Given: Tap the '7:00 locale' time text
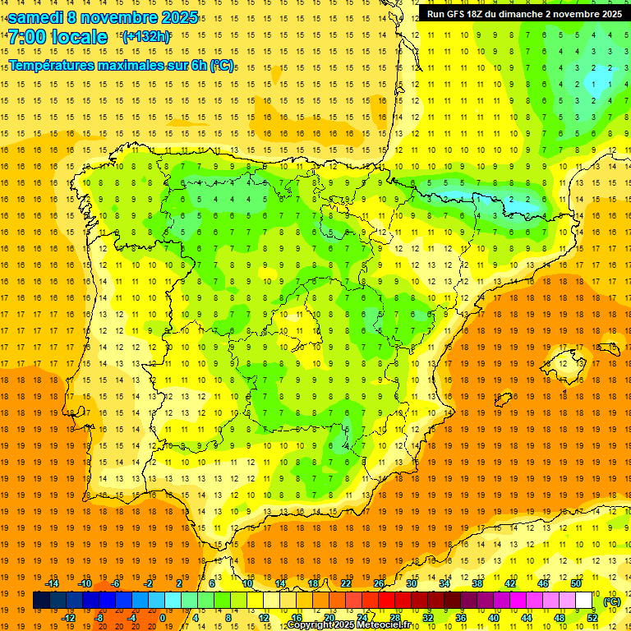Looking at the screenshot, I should [58, 37].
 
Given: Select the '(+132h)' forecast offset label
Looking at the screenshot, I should [145, 36].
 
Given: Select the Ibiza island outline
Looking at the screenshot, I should [503, 400].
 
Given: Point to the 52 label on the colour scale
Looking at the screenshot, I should [592, 618].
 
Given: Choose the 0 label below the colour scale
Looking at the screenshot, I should [164, 618].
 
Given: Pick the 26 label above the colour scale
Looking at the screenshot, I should [379, 583].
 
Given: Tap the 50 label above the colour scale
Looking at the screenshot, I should [576, 583].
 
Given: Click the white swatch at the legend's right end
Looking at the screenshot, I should [584, 601].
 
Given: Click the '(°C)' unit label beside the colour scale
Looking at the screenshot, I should [612, 601].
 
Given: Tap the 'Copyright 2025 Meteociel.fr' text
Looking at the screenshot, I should [349, 625].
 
